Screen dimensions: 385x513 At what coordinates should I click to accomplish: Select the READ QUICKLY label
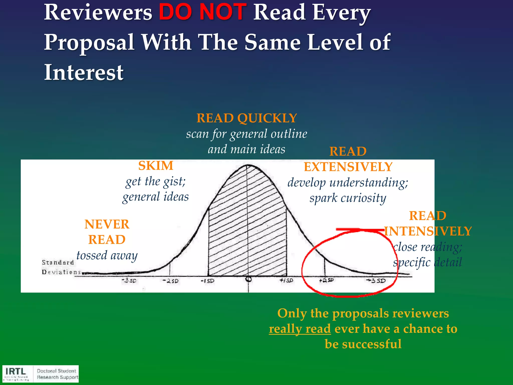pos(246,118)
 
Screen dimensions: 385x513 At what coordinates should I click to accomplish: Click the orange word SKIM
pos(156,166)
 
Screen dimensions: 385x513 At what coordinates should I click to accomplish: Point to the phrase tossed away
pos(107,255)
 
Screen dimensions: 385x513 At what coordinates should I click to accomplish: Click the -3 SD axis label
pos(129,280)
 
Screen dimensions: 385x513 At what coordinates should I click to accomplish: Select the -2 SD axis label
pos(171,281)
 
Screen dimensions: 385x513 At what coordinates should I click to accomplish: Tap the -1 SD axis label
pos(208,281)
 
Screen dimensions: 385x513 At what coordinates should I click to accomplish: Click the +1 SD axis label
pos(286,280)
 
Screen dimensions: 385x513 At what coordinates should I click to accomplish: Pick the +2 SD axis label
pos(326,280)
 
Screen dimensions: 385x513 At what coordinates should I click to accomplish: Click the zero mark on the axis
pos(248,279)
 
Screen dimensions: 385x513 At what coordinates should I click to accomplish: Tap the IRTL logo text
pos(16,371)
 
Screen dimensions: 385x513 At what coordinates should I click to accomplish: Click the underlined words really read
pos(300,329)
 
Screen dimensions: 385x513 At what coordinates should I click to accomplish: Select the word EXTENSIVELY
pos(348,167)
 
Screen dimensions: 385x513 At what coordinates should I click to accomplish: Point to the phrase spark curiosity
pos(348,198)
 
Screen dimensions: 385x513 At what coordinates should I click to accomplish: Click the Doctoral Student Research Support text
pos(57,374)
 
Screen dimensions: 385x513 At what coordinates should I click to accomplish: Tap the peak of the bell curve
pos(247,165)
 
